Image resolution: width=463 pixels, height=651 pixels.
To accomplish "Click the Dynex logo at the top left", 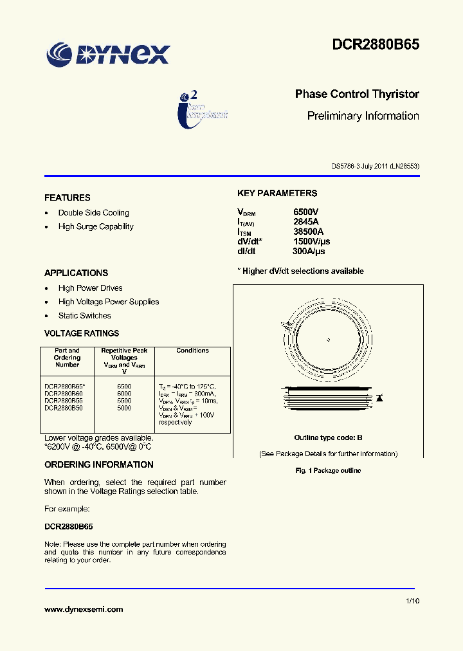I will click(x=108, y=54).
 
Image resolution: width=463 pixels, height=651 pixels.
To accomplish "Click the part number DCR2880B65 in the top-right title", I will click(x=376, y=44).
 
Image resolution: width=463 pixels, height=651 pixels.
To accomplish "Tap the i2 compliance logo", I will click(x=203, y=108).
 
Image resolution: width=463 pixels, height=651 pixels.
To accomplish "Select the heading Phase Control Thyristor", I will click(x=357, y=94).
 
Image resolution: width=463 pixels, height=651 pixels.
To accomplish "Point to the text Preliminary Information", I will click(x=363, y=116).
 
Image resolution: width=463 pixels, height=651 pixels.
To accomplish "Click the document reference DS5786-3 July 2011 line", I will click(x=375, y=166).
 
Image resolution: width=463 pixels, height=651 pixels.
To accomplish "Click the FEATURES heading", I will click(x=67, y=197).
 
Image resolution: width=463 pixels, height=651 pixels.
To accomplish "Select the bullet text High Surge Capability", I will click(x=96, y=226).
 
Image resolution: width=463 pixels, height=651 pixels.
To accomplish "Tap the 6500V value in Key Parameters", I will click(x=306, y=212).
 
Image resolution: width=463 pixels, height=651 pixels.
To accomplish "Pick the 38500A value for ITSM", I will click(x=308, y=232).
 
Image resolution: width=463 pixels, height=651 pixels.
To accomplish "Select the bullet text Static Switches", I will click(x=84, y=316).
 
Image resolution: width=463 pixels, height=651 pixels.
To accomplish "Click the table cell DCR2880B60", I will click(x=64, y=393).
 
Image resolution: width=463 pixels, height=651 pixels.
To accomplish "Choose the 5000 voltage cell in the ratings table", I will click(x=124, y=408).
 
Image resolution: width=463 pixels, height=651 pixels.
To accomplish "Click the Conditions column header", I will click(x=192, y=351).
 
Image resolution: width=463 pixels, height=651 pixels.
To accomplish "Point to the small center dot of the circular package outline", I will click(x=328, y=340).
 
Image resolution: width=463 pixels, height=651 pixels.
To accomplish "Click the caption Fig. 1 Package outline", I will click(x=328, y=470).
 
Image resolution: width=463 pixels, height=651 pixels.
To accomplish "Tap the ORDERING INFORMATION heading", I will click(x=98, y=464).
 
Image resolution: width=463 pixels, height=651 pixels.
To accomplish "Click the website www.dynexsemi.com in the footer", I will click(x=84, y=609).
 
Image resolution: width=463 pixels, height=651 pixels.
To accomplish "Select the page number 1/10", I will click(x=412, y=601).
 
